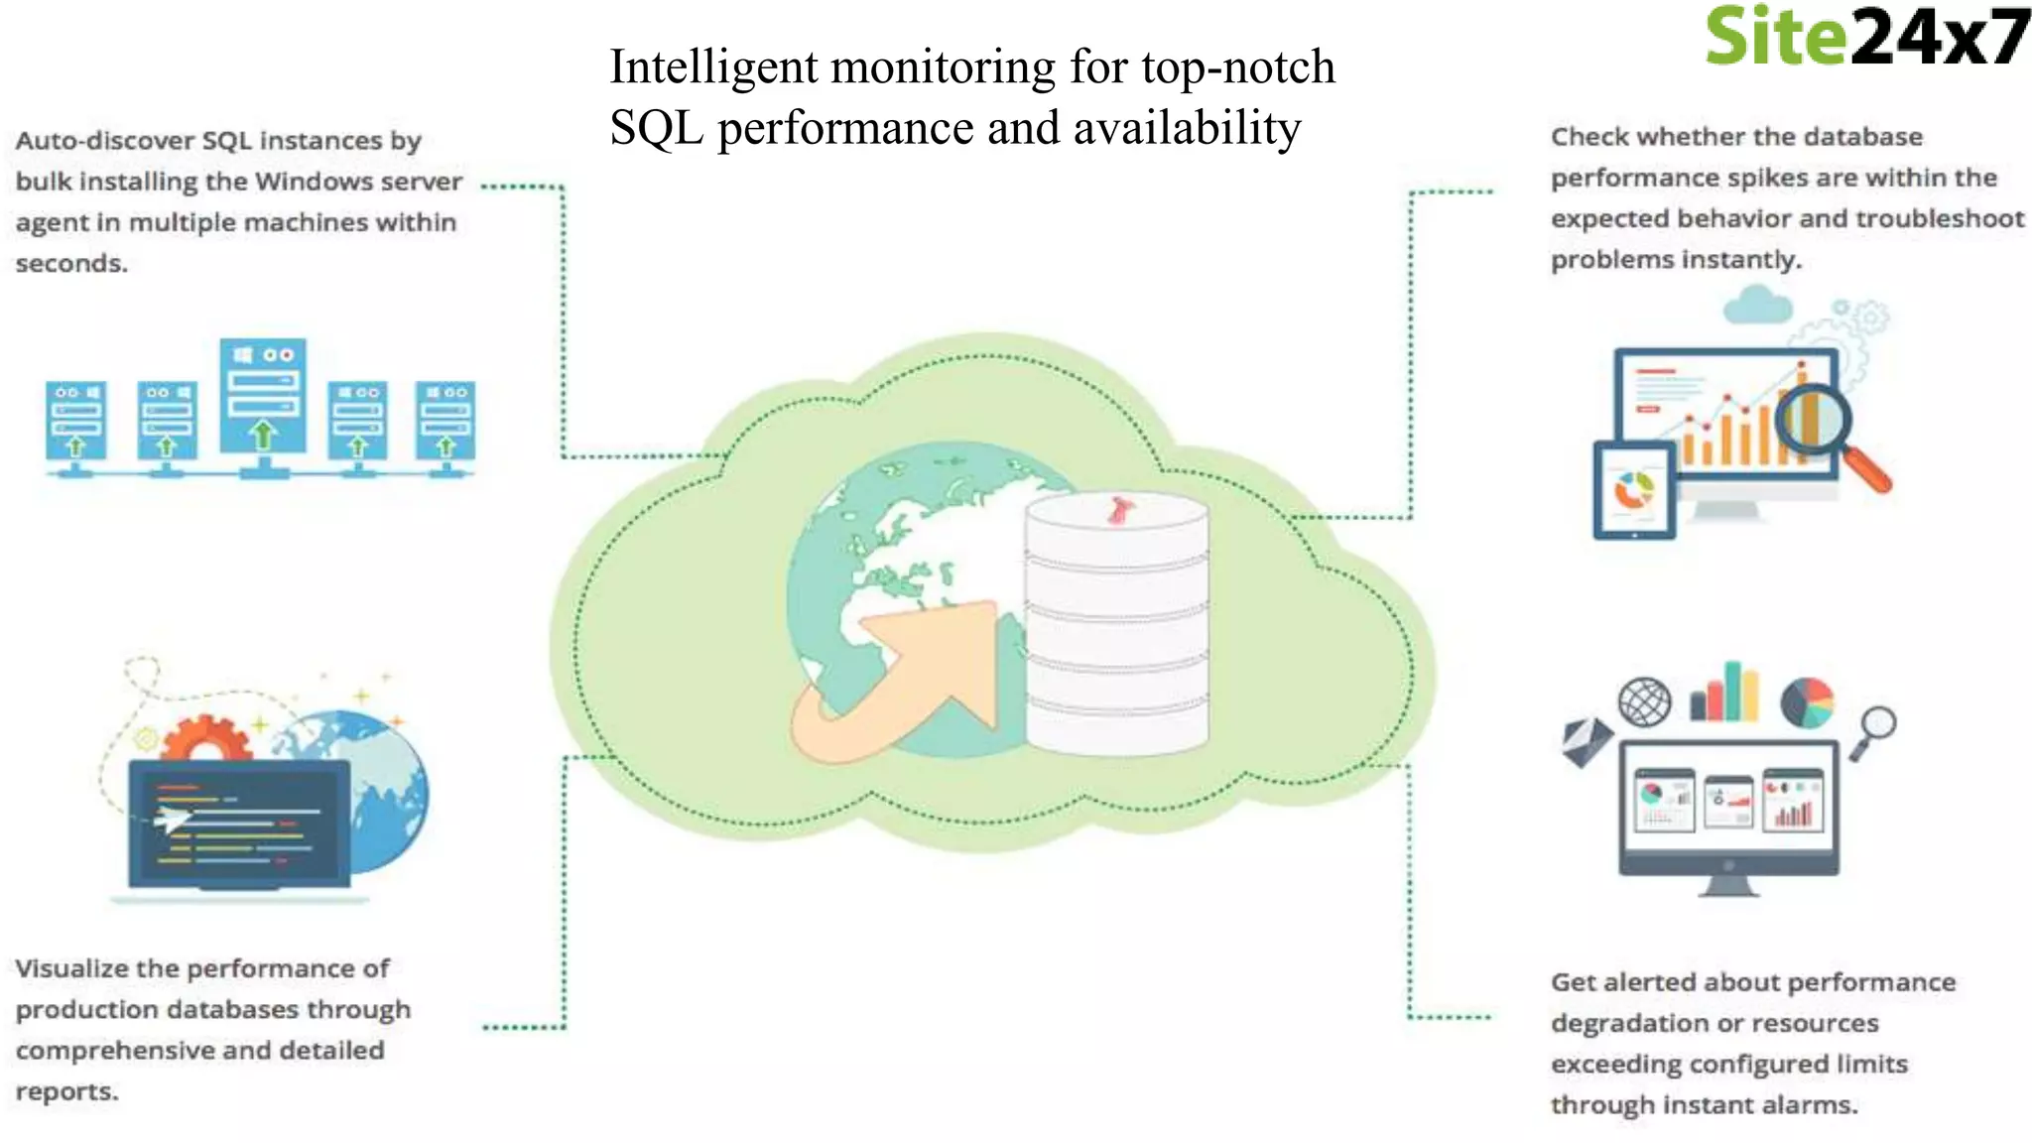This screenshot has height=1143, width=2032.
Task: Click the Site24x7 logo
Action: tap(1865, 38)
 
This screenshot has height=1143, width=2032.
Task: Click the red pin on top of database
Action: tap(1120, 510)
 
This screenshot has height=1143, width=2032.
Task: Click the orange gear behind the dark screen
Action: tap(205, 738)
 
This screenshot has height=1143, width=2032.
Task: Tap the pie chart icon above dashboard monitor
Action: tap(1807, 702)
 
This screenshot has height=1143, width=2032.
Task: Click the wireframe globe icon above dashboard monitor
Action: tap(1644, 702)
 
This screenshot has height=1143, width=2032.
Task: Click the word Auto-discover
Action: tap(104, 141)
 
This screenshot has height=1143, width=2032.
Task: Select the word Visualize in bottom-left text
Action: tap(71, 968)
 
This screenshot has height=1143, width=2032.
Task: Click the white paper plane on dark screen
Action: tap(172, 819)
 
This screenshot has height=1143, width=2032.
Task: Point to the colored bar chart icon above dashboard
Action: tap(1725, 692)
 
